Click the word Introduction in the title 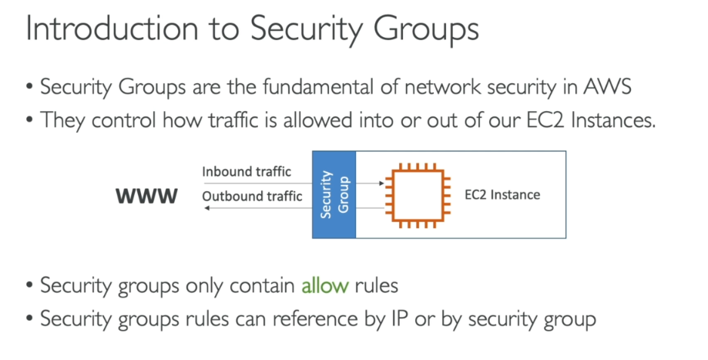tap(112, 28)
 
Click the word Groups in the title tap(426, 30)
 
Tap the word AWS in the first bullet tap(607, 86)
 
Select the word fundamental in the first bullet tap(318, 86)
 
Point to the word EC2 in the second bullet tap(545, 120)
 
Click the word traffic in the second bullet tap(234, 120)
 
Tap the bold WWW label tap(146, 196)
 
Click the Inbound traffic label tap(247, 172)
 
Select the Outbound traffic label tap(252, 196)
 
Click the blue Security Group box tap(334, 194)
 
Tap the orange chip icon tap(418, 195)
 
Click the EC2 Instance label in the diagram tap(502, 195)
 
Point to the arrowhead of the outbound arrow tap(206, 208)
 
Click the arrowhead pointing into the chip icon tap(382, 183)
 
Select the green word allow tap(325, 285)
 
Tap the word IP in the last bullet tap(399, 319)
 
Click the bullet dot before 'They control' tap(30, 119)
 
